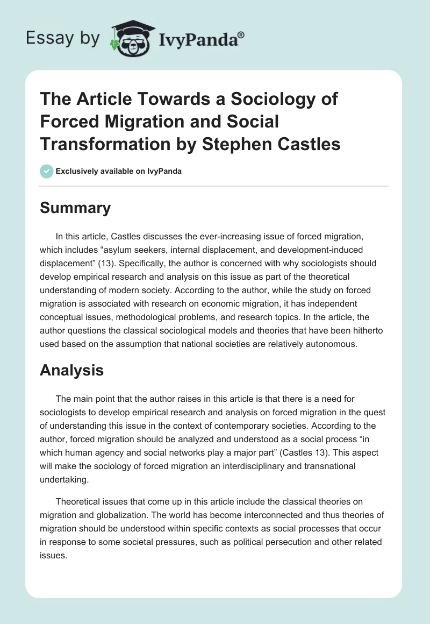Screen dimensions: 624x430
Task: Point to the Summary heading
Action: tap(75, 208)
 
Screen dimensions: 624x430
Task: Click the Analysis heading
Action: tap(72, 370)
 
